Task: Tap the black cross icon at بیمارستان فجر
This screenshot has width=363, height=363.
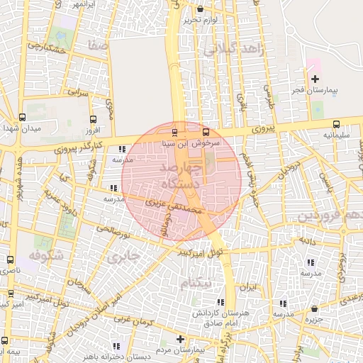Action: [315, 79]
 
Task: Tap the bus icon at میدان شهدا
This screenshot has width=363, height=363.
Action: [22, 118]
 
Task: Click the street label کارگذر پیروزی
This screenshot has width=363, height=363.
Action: [79, 147]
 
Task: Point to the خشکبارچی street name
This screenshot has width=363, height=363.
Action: [48, 49]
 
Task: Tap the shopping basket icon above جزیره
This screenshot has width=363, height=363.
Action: [315, 308]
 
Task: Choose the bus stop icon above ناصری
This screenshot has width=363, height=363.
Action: [10, 259]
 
